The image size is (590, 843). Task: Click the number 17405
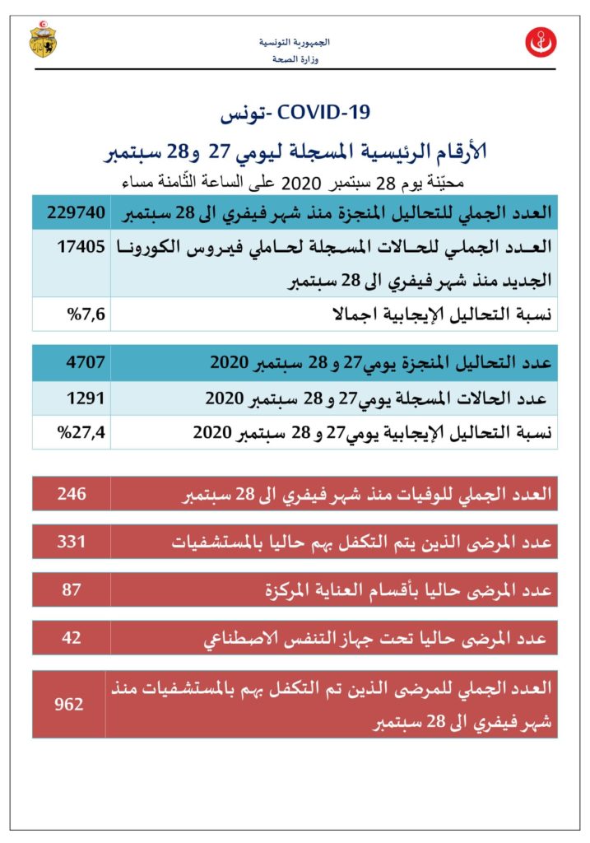78,245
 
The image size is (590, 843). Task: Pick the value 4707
78,361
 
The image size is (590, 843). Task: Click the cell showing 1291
78,398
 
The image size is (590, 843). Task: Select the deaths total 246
72,495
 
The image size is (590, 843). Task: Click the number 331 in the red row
72,543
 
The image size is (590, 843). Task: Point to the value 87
72,590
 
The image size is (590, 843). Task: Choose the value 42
72,638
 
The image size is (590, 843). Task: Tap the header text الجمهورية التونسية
295,42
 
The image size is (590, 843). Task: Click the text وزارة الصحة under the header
295,59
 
